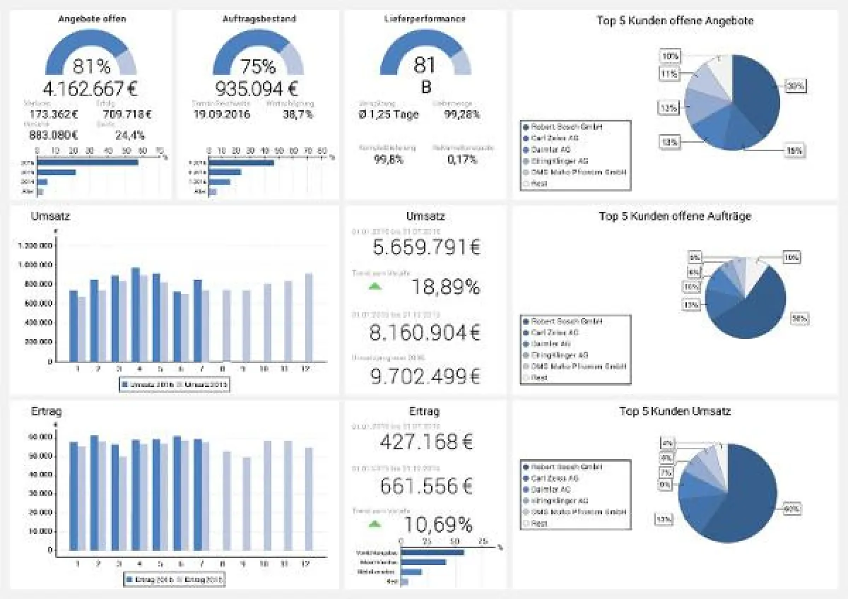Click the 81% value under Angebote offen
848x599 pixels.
coord(91,66)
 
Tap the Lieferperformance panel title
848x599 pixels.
coord(425,19)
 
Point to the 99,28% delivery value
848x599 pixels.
coord(463,114)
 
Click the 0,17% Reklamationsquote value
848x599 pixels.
coord(462,160)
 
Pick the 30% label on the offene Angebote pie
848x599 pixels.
coord(795,85)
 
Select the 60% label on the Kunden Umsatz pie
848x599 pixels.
coord(791,508)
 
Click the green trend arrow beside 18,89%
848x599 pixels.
coord(375,285)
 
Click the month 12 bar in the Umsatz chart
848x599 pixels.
coord(309,317)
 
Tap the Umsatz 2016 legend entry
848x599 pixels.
coord(148,384)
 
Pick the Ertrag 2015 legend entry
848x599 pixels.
coord(200,579)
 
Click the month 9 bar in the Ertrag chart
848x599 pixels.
coord(247,503)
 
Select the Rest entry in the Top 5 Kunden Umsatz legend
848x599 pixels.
coord(539,523)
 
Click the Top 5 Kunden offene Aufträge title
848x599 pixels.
coord(674,216)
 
